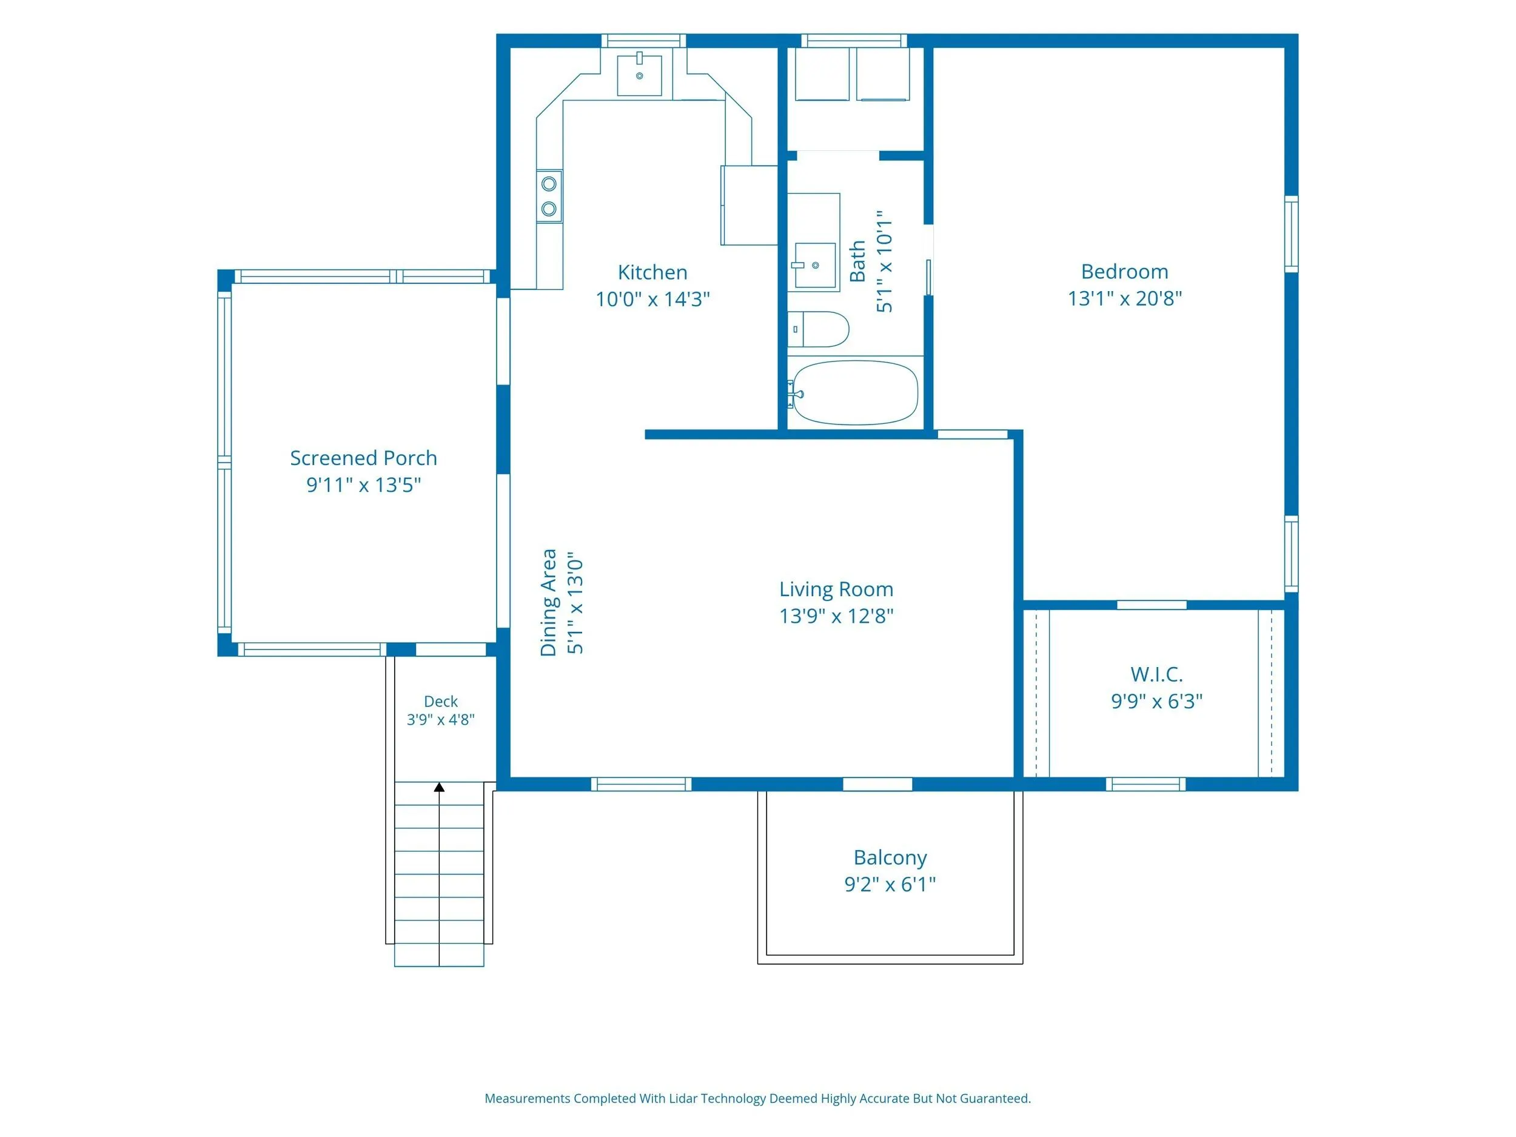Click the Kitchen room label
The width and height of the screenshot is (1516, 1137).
click(x=652, y=272)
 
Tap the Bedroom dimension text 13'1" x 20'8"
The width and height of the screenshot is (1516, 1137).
click(x=1125, y=298)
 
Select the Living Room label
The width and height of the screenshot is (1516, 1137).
click(x=836, y=589)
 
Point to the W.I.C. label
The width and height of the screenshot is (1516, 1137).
click(x=1157, y=674)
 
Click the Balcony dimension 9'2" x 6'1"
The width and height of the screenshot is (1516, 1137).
click(x=890, y=884)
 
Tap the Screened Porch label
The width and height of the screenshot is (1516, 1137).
click(x=363, y=458)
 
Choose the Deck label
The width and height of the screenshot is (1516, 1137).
click(x=441, y=701)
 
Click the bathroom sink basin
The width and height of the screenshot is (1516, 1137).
click(x=814, y=265)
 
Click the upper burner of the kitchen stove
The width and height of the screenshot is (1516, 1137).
click(x=549, y=184)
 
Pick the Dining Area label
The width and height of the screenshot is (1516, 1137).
click(x=548, y=602)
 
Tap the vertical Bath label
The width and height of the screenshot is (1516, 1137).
click(x=857, y=261)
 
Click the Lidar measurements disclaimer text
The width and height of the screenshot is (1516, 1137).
click(x=757, y=1099)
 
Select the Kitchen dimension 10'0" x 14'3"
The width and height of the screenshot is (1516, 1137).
click(x=652, y=300)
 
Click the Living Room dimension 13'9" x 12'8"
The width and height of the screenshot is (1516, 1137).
click(x=836, y=616)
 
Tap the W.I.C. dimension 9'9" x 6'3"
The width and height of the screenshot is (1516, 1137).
click(x=1157, y=701)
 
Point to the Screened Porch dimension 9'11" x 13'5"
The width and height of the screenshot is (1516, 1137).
click(x=363, y=485)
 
